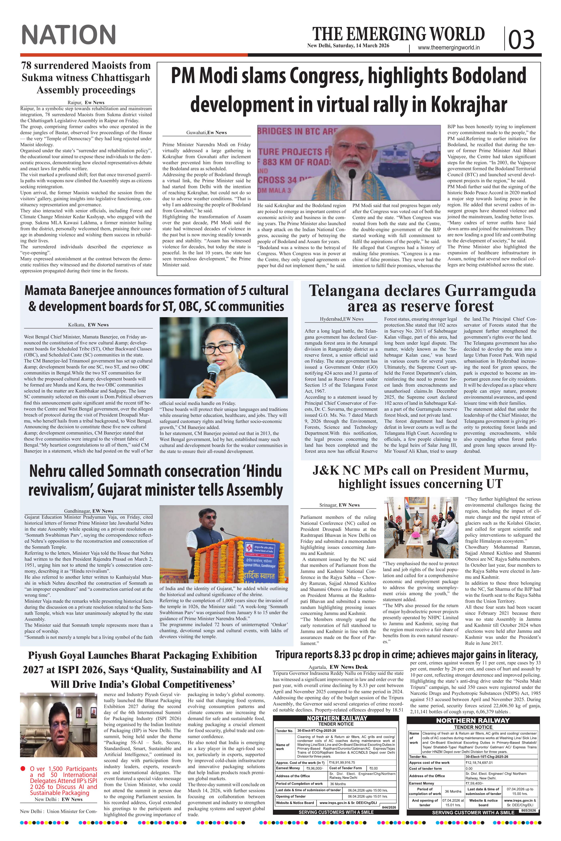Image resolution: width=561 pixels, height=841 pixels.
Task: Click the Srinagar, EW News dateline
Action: point(339,505)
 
